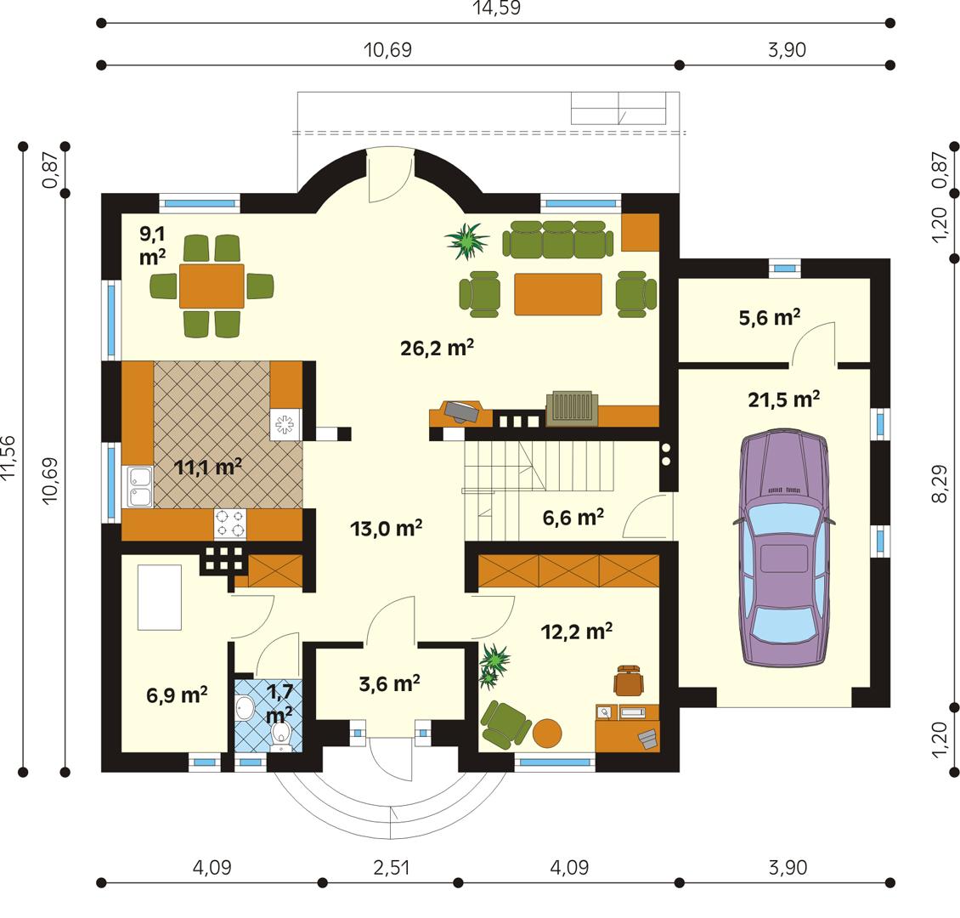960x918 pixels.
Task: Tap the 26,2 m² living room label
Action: click(x=437, y=348)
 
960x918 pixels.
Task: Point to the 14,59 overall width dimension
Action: click(x=496, y=8)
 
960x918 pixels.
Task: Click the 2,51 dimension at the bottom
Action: click(x=391, y=868)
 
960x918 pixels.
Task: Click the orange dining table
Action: click(x=212, y=286)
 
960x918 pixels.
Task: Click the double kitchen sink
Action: click(x=138, y=486)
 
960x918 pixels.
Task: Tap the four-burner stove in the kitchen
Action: click(x=229, y=524)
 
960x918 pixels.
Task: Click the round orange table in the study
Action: click(x=548, y=733)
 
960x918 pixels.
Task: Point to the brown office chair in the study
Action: click(x=627, y=680)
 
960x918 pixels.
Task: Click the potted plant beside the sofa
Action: click(x=466, y=241)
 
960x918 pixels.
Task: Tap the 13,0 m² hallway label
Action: click(x=387, y=528)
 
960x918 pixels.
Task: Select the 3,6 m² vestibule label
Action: click(x=391, y=683)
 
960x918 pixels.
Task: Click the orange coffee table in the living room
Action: click(x=557, y=293)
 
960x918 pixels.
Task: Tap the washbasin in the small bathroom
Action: click(x=246, y=707)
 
